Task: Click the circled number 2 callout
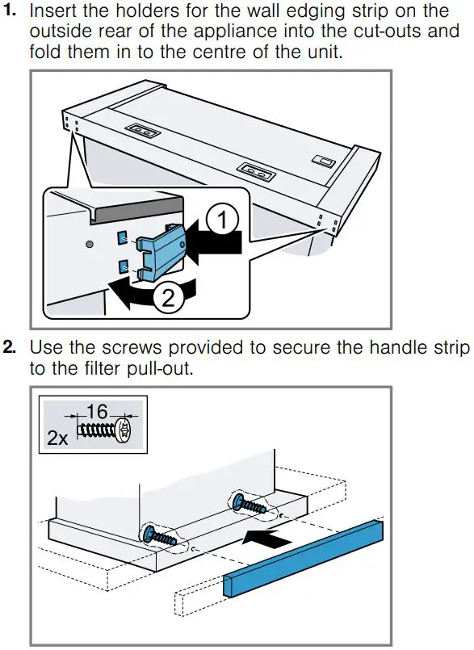[168, 300]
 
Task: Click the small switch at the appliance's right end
[326, 162]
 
